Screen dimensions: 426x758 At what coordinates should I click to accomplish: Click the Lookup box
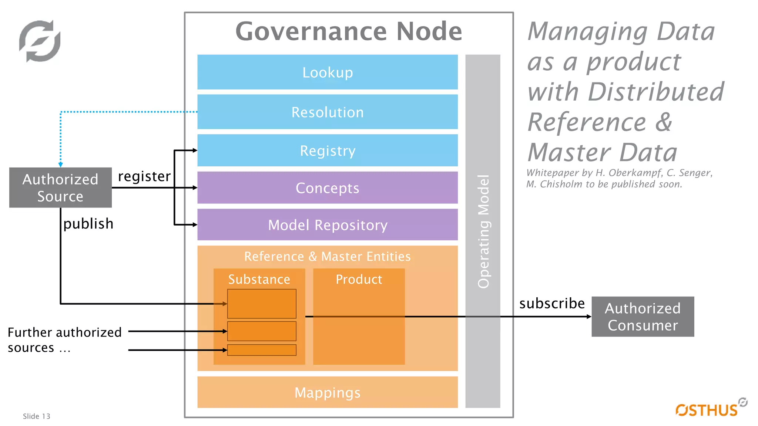pos(327,72)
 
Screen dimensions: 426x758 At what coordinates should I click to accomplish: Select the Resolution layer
pos(327,112)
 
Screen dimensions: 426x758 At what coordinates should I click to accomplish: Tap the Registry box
pos(327,151)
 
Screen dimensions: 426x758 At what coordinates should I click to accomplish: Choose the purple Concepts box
pos(327,188)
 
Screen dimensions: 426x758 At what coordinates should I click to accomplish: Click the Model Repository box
pos(327,225)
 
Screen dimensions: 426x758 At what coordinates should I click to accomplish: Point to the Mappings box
pos(327,392)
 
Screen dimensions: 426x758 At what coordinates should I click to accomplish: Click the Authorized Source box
pos(60,187)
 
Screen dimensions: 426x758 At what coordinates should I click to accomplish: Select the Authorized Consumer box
pos(643,317)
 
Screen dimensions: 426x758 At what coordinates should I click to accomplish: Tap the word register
pos(144,176)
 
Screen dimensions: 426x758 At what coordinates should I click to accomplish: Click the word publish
pos(88,224)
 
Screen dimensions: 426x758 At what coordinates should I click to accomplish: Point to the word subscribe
pos(552,303)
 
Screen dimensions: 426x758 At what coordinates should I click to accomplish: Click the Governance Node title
pos(349,31)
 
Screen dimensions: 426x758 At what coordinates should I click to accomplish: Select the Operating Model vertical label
pos(483,231)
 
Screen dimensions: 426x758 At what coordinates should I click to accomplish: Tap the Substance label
pos(259,279)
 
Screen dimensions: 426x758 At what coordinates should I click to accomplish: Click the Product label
pos(359,279)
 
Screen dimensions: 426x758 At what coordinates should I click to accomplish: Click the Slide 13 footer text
pos(36,416)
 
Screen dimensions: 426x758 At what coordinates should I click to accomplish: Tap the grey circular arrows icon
pos(40,41)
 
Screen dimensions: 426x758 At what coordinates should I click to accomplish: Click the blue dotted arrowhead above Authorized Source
pos(61,165)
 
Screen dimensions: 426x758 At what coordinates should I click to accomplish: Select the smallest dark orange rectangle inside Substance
pos(262,350)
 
